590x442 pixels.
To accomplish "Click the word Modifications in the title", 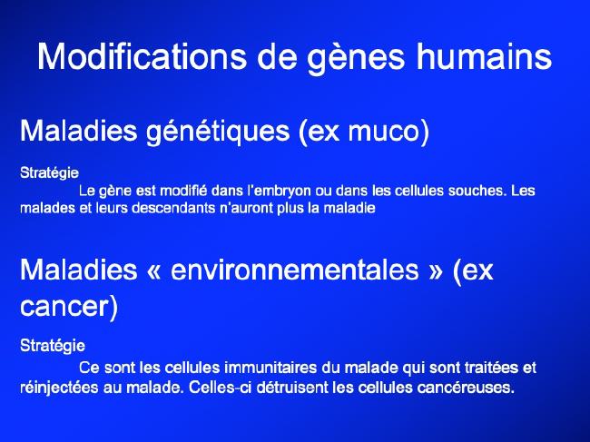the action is tap(142, 56).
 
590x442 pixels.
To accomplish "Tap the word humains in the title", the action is tap(484, 56).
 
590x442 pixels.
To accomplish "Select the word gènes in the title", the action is tap(356, 59).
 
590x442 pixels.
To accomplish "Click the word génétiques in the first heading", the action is tap(218, 132).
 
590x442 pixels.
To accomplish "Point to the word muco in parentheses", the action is tap(385, 132).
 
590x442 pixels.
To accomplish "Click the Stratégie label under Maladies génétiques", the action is tap(49, 173).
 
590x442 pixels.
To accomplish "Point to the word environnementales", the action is tap(295, 270).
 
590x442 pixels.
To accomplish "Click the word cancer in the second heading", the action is tap(64, 307).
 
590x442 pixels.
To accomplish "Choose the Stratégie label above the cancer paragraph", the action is tap(53, 346).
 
